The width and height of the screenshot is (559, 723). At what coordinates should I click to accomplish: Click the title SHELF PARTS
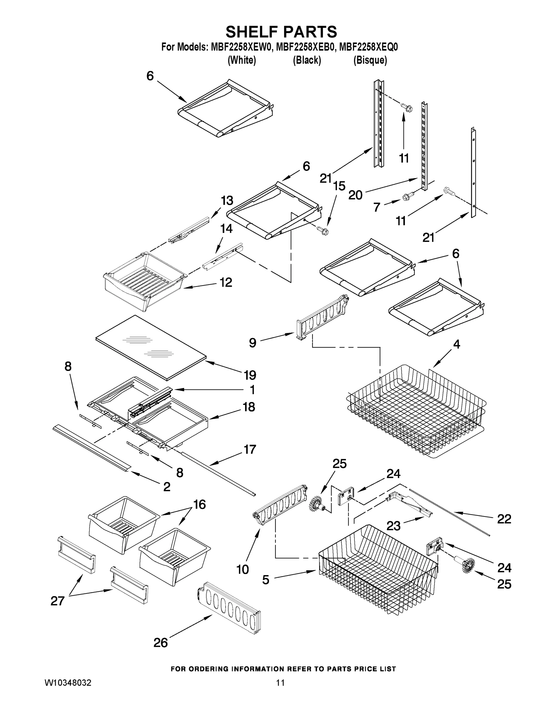click(x=281, y=32)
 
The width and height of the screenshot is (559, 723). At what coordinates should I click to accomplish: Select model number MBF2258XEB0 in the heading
click(x=305, y=47)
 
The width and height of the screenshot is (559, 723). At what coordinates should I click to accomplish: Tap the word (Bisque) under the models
click(x=370, y=60)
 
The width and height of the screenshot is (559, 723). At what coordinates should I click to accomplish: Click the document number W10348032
click(x=68, y=683)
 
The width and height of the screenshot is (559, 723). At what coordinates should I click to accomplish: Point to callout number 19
click(x=250, y=375)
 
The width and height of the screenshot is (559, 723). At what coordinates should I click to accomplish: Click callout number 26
click(x=161, y=643)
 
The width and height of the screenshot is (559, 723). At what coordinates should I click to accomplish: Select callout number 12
click(x=226, y=282)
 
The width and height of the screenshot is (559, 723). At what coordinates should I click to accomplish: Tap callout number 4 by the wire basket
click(x=456, y=344)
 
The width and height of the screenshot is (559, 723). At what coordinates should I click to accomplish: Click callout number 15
click(x=339, y=186)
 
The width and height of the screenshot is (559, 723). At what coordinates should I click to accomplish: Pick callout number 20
click(x=355, y=195)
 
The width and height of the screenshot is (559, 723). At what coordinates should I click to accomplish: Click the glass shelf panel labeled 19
click(x=151, y=346)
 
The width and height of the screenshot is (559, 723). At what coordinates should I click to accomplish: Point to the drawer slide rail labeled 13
click(x=189, y=230)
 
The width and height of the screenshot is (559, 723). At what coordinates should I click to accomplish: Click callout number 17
click(x=250, y=449)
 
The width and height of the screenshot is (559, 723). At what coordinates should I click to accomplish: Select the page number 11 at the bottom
click(x=280, y=683)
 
